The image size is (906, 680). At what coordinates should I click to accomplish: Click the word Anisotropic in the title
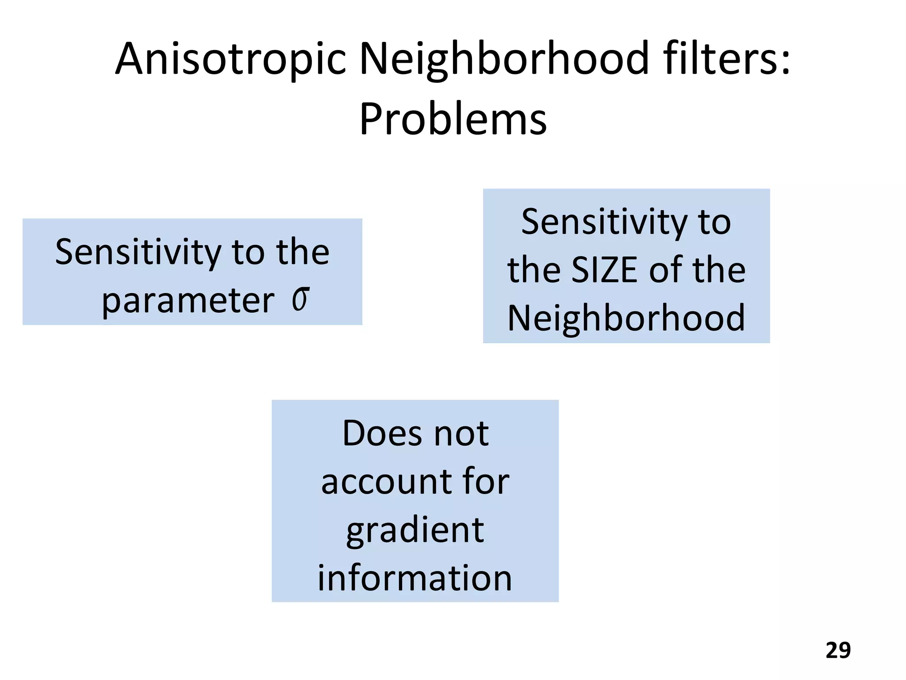pyautogui.click(x=230, y=59)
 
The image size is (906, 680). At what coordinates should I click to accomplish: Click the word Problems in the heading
pyautogui.click(x=453, y=119)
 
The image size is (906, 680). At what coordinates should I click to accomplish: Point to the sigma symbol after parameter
pyautogui.click(x=300, y=299)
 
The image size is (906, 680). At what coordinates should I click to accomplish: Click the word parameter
pyautogui.click(x=188, y=301)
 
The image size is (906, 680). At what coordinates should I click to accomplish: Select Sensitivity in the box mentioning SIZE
pyautogui.click(x=603, y=222)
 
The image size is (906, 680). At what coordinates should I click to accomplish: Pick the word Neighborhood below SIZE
pyautogui.click(x=626, y=318)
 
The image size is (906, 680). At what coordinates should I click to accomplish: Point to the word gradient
pyautogui.click(x=415, y=530)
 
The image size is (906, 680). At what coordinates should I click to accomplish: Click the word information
pyautogui.click(x=415, y=578)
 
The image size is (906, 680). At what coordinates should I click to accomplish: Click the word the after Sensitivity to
pyautogui.click(x=303, y=252)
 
